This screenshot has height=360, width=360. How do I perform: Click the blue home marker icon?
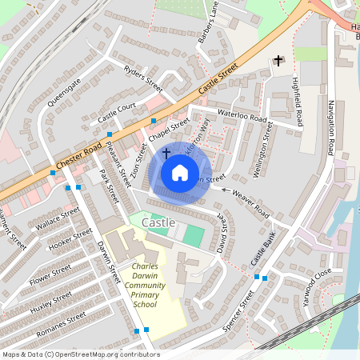click(179, 172)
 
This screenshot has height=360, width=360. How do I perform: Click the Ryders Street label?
click(143, 78)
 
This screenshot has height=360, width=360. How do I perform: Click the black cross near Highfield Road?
click(278, 60)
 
